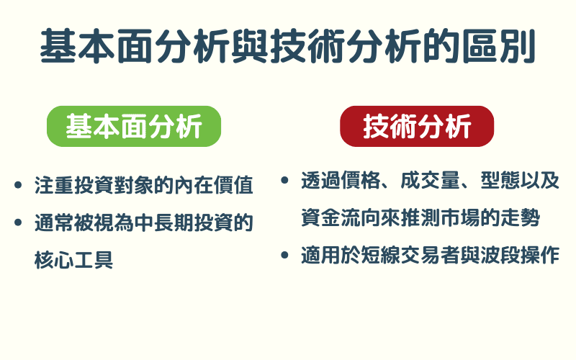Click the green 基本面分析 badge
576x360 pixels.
pos(133,127)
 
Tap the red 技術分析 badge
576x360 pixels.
pos(417,127)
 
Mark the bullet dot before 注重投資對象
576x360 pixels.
pos(18,186)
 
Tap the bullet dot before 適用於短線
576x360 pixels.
pos(285,255)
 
